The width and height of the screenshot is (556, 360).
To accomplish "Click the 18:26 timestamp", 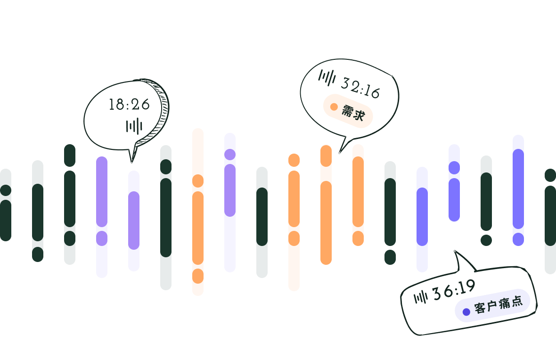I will pyautogui.click(x=129, y=104).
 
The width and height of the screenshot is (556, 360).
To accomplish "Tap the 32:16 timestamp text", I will pyautogui.click(x=360, y=88).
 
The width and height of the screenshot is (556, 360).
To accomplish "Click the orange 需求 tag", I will pyautogui.click(x=348, y=111).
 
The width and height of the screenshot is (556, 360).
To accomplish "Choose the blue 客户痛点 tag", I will pyautogui.click(x=493, y=305).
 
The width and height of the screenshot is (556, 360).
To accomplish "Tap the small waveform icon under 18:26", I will pyautogui.click(x=134, y=126).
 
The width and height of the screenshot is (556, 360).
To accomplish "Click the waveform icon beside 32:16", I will pyautogui.click(x=327, y=78).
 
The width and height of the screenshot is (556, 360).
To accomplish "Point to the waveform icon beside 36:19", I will pyautogui.click(x=421, y=297).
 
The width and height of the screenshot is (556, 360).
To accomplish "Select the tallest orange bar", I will pyautogui.click(x=198, y=212).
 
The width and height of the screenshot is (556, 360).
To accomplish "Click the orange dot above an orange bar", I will pyautogui.click(x=294, y=160).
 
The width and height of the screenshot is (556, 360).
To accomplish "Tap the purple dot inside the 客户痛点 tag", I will pyautogui.click(x=466, y=311).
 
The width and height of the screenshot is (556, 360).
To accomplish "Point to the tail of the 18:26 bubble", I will pyautogui.click(x=132, y=158).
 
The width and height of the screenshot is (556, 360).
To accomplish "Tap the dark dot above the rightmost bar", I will pyautogui.click(x=550, y=175).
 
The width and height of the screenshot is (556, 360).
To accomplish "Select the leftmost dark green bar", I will pyautogui.click(x=6, y=205).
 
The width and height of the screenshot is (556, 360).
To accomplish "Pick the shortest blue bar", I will pyautogui.click(x=454, y=183).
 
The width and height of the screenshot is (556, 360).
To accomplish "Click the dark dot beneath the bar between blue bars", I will pyautogui.click(x=486, y=240).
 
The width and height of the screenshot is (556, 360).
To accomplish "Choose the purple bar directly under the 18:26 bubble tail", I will pyautogui.click(x=134, y=221).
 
